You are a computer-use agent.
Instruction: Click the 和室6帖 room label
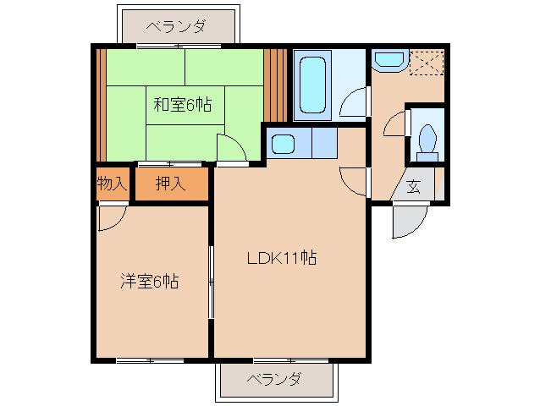coord(183,105)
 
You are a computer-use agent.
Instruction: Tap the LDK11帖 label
coord(282,258)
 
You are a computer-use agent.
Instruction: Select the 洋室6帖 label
coord(150,281)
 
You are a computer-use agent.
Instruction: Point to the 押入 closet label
coord(170,183)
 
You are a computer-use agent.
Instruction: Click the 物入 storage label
coord(112,183)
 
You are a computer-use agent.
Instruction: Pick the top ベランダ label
coord(177,26)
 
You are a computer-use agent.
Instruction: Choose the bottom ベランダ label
coord(274,379)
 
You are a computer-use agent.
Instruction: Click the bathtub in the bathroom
coord(312,85)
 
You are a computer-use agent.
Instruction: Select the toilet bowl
coord(427,141)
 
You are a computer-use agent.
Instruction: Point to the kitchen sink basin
coord(283,144)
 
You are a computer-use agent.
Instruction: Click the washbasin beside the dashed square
coord(389,60)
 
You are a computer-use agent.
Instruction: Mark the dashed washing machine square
coord(427,63)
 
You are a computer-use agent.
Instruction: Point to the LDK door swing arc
coord(346,187)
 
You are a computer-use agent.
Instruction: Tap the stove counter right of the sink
coord(324,143)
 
